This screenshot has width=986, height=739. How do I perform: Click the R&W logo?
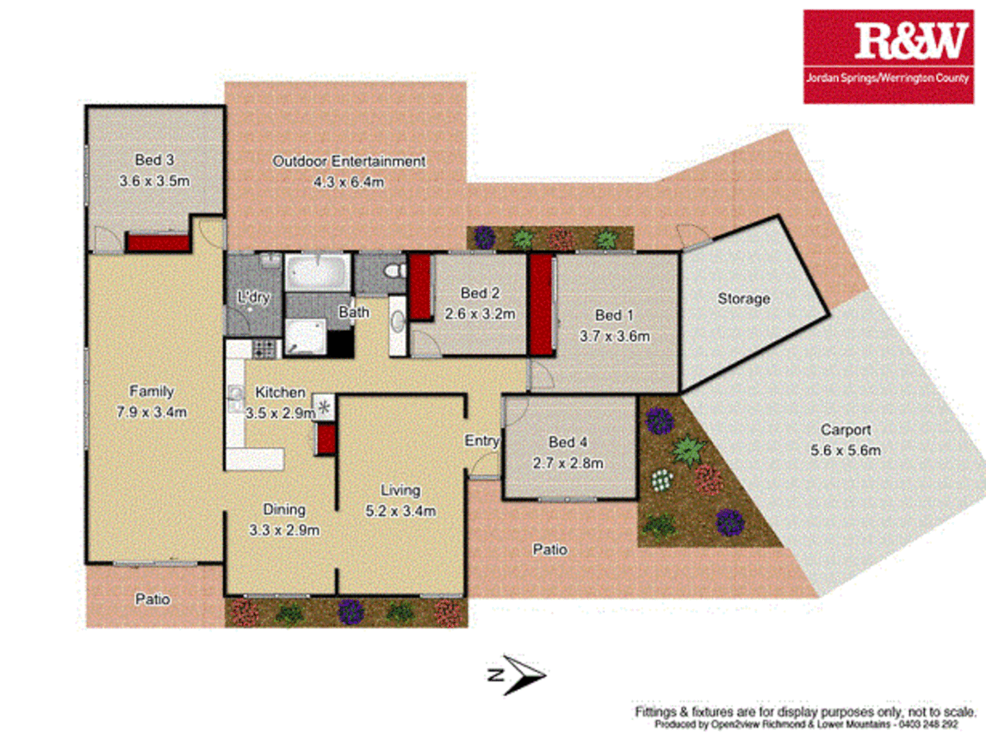click(888, 56)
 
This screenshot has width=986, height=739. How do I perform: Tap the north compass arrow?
click(518, 675)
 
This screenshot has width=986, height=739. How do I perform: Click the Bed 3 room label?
click(154, 160)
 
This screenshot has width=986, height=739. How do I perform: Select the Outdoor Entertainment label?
click(349, 161)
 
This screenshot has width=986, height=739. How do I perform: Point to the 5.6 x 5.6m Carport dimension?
click(846, 451)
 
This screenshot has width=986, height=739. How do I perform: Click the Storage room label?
click(744, 299)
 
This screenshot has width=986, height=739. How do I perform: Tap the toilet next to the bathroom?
click(394, 272)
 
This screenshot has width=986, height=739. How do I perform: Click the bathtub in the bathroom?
click(317, 272)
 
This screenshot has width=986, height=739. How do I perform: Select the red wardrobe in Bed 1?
click(541, 304)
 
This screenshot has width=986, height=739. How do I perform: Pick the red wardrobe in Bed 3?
click(157, 243)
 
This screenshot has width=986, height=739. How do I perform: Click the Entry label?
click(482, 441)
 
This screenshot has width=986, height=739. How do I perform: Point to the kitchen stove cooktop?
click(264, 349)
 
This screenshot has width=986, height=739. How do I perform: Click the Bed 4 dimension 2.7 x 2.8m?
click(568, 463)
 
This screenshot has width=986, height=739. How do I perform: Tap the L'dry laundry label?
click(253, 298)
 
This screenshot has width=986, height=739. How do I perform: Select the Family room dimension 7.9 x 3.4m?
click(151, 413)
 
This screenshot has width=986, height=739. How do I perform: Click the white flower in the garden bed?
click(661, 480)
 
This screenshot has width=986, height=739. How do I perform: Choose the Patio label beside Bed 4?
click(550, 549)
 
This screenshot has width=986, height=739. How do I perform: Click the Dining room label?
click(284, 510)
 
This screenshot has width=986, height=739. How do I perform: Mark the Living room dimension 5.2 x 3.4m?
click(400, 511)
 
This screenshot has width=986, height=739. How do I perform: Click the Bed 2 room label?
click(480, 293)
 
